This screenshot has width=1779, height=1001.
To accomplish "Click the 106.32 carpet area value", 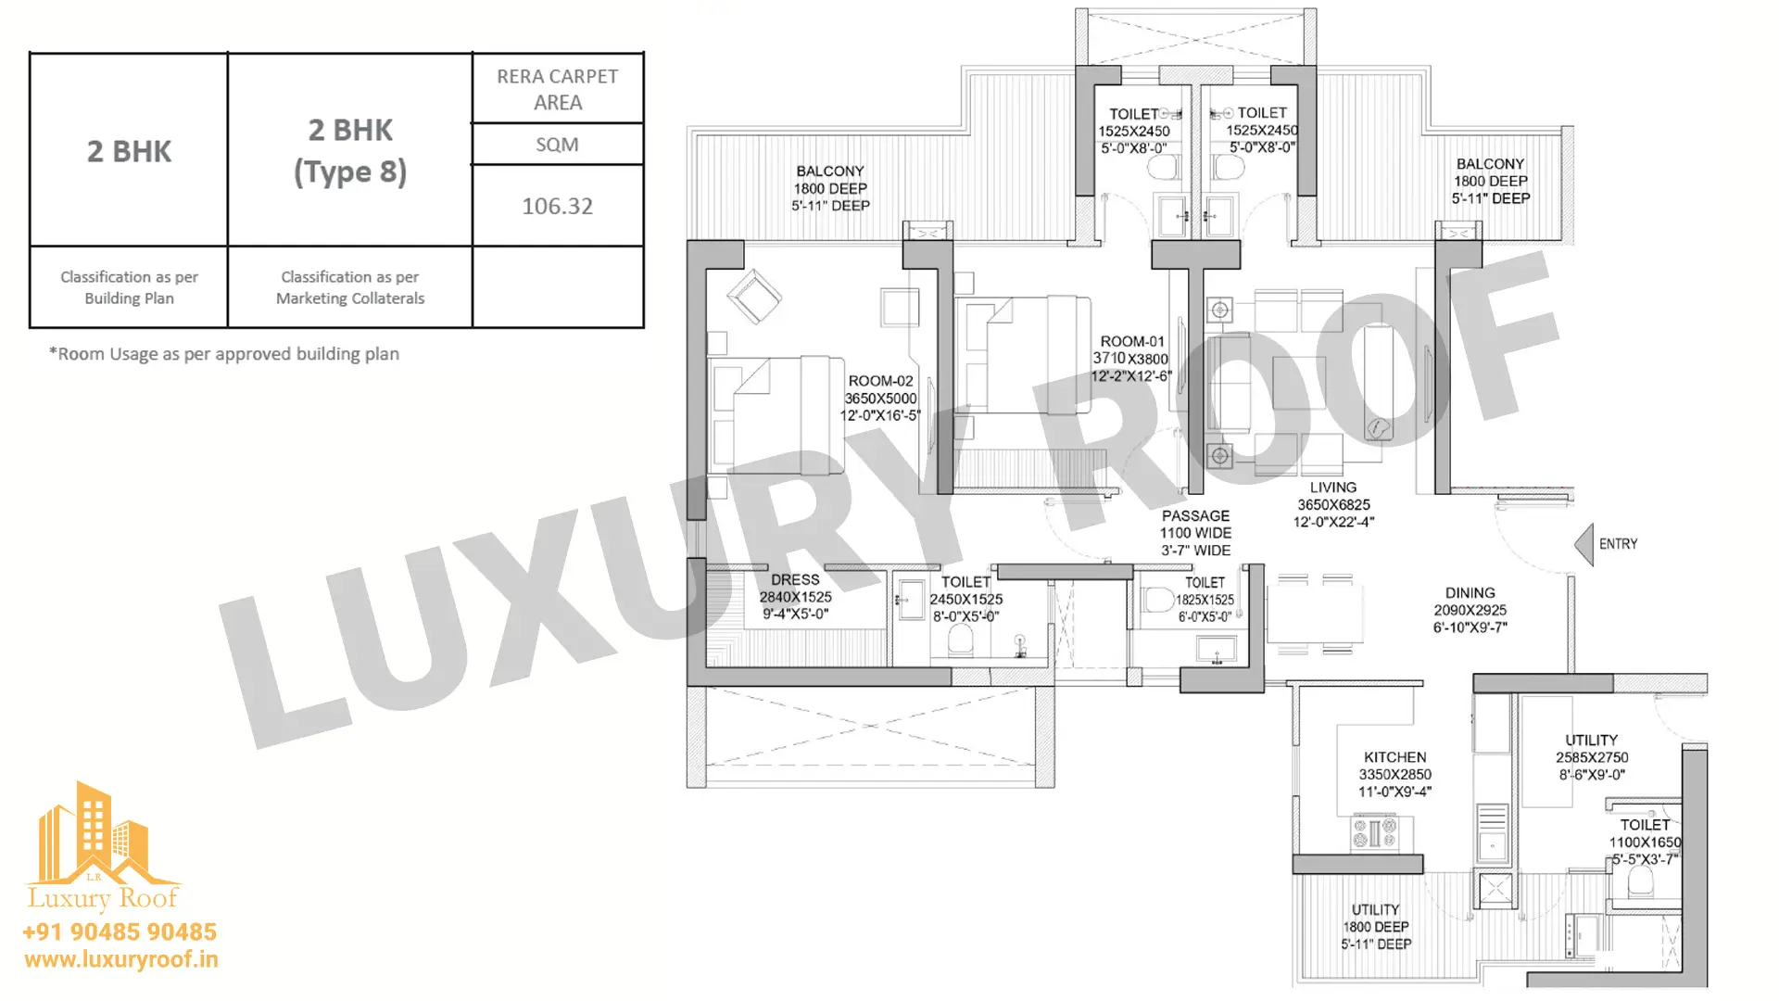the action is coord(557,206).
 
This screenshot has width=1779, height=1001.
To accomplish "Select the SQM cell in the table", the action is coord(557,145).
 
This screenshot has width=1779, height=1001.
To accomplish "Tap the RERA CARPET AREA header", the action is coord(557,89).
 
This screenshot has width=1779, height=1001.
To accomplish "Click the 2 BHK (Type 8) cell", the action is coord(350,150).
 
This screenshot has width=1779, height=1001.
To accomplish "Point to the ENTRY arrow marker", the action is coord(1583,544).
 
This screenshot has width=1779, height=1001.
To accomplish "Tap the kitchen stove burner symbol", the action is coord(1374,832).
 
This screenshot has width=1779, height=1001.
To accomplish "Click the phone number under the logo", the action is coord(120,931).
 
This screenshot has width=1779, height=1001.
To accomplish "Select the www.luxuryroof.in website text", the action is coord(121,959).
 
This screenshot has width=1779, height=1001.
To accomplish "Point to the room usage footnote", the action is coord(224,354).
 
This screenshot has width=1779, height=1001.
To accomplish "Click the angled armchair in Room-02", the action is coord(754,296).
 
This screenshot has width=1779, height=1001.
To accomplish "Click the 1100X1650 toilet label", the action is coord(1645,842).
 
